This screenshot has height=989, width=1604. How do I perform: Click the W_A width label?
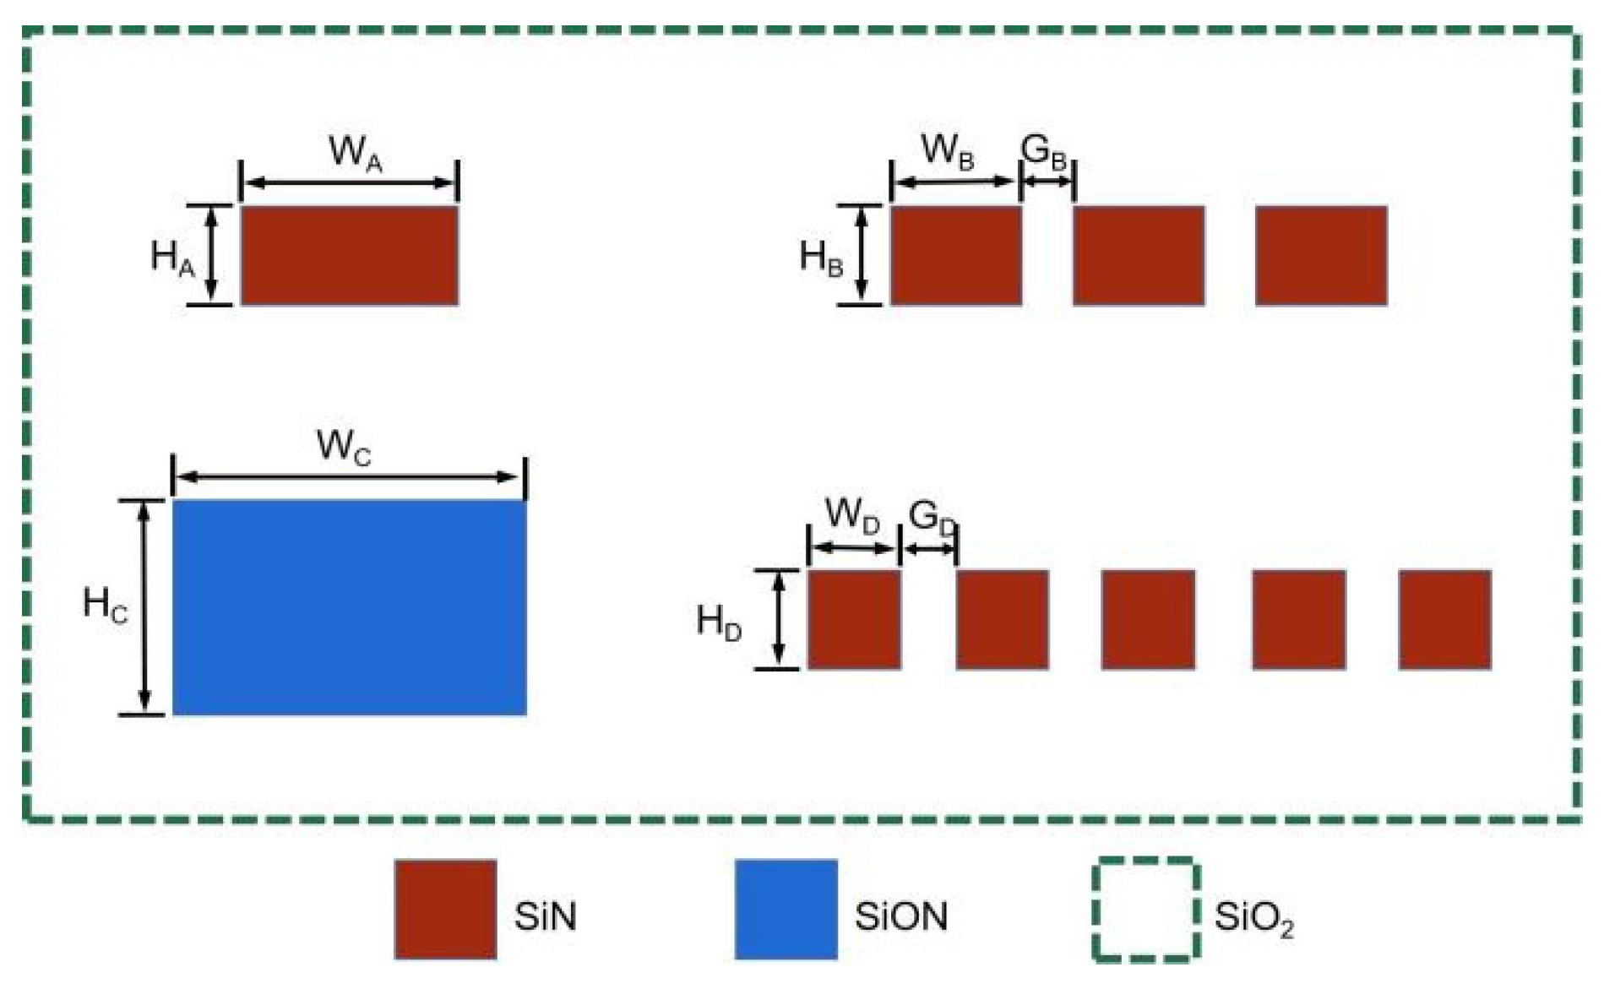(x=355, y=154)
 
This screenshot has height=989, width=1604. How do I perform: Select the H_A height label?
(x=172, y=257)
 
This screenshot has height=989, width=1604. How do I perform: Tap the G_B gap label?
(x=1044, y=153)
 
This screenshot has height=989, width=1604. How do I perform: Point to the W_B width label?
(x=948, y=151)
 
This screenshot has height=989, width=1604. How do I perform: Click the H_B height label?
(x=821, y=257)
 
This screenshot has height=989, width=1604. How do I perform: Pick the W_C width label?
(x=344, y=447)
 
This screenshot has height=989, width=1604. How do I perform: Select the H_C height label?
(x=106, y=605)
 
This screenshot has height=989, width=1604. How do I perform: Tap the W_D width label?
(x=852, y=515)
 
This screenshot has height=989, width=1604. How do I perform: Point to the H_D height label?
(x=719, y=622)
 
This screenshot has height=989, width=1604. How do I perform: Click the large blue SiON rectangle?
(x=350, y=607)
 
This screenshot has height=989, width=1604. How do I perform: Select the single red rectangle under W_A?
(x=350, y=255)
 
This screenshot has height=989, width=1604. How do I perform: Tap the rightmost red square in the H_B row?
(x=1321, y=255)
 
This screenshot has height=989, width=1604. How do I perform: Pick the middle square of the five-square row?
(x=1148, y=620)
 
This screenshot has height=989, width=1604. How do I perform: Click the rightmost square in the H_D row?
(x=1444, y=620)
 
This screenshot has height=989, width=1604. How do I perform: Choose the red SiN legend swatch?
(x=445, y=910)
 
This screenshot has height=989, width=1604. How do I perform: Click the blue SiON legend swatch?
(x=786, y=910)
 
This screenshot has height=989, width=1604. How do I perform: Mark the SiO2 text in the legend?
(x=1253, y=918)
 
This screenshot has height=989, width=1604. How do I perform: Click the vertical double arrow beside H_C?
(x=144, y=607)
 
